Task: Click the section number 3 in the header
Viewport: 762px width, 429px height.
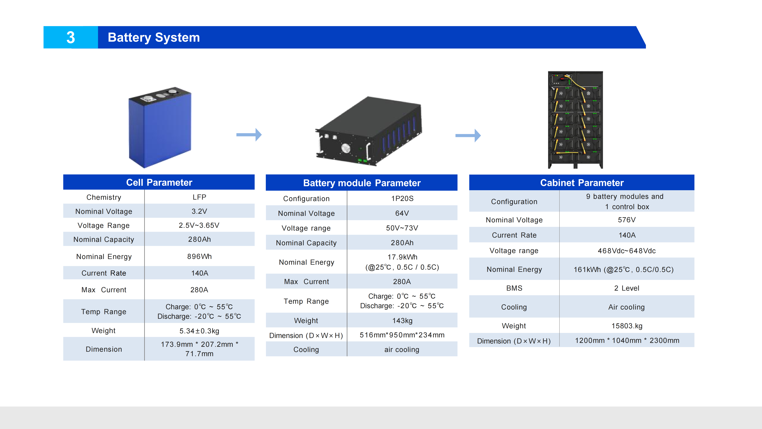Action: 71,38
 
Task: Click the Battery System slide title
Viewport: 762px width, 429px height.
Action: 154,38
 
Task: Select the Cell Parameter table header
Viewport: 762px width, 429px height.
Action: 159,182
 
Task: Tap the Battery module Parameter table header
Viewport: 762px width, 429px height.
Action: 362,183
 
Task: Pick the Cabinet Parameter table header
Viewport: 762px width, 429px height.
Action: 582,183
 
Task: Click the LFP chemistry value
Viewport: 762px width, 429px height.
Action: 199,197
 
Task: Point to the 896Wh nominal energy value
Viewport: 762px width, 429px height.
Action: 199,256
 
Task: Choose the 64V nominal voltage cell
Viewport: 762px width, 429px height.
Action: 402,213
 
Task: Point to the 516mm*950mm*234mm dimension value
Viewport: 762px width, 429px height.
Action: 402,335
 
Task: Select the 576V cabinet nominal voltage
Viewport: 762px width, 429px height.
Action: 627,220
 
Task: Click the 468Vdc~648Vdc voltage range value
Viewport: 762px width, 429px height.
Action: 627,251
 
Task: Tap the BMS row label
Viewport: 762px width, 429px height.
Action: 514,288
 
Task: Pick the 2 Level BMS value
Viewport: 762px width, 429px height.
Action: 627,288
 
